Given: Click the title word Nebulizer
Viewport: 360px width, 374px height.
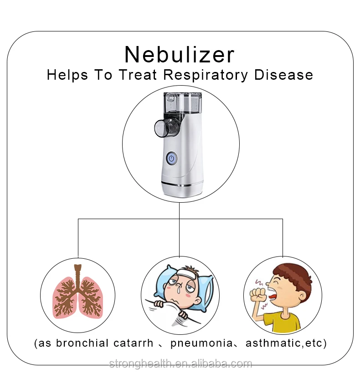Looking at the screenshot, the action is [x=180, y=55].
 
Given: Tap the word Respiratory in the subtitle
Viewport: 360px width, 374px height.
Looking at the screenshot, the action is [x=206, y=75].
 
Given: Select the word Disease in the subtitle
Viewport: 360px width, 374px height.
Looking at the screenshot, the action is [x=284, y=75].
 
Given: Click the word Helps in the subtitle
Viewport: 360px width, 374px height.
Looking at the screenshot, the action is [x=67, y=75].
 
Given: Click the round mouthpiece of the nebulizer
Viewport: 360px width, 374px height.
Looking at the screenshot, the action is [x=163, y=128].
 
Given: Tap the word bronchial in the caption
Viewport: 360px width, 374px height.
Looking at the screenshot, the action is [x=82, y=343].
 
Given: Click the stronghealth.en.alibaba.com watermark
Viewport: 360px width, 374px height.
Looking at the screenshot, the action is [x=180, y=364].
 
